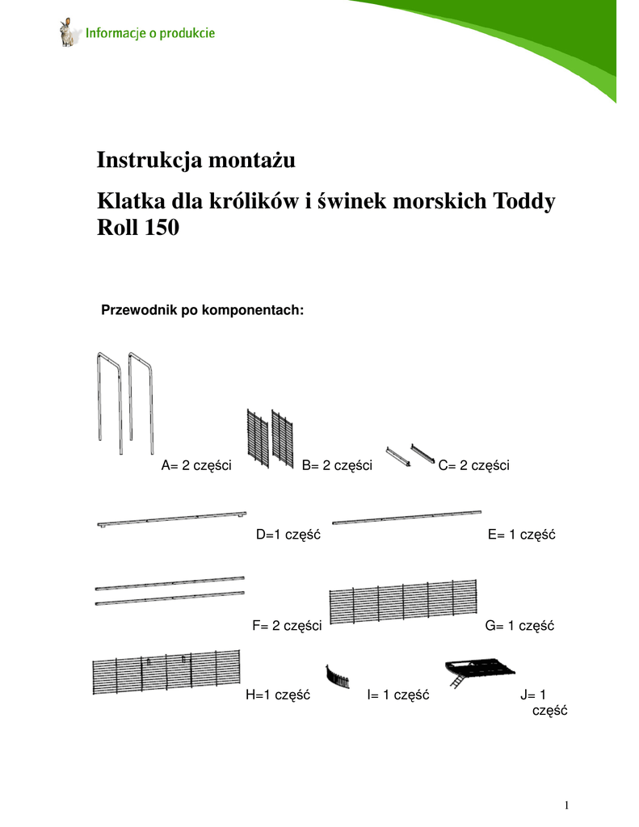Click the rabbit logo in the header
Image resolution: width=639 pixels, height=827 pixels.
pyautogui.click(x=66, y=33)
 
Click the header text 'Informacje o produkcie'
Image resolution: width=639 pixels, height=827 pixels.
pyautogui.click(x=150, y=35)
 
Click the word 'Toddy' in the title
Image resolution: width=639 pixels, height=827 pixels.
pyautogui.click(x=523, y=200)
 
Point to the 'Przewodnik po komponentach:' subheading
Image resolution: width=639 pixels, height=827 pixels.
pyautogui.click(x=201, y=310)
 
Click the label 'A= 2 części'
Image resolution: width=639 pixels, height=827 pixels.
pyautogui.click(x=197, y=465)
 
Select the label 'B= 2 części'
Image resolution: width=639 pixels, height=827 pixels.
pyautogui.click(x=337, y=465)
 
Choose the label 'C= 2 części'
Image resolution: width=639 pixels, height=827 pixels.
pyautogui.click(x=473, y=465)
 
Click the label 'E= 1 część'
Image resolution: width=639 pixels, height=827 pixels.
pyautogui.click(x=523, y=535)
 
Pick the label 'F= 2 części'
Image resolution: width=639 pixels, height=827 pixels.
pyautogui.click(x=288, y=625)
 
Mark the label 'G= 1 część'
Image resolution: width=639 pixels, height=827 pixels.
pyautogui.click(x=520, y=625)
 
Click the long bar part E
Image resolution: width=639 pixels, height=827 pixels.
pyautogui.click(x=406, y=516)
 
